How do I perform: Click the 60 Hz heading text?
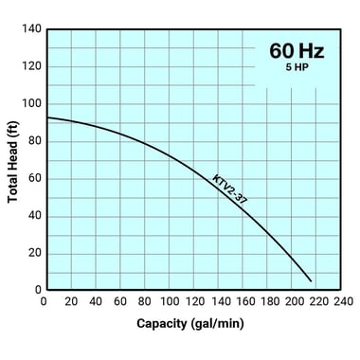pyautogui.click(x=297, y=50)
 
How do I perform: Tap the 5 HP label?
pyautogui.click(x=297, y=70)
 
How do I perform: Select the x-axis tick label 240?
pyautogui.click(x=342, y=301)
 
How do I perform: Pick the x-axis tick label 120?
pyautogui.click(x=192, y=301)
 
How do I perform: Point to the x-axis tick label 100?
pyautogui.click(x=168, y=301)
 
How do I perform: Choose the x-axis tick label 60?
pyautogui.click(x=118, y=301)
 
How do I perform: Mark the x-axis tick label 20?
pyautogui.click(x=68, y=301)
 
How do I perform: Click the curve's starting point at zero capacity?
pyautogui.click(x=45, y=117)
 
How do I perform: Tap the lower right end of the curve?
pyautogui.click(x=311, y=280)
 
